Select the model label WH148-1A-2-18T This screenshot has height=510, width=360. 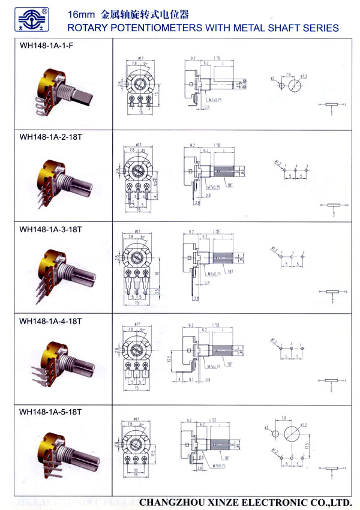coord(50,137)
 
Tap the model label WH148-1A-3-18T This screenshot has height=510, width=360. coord(50,229)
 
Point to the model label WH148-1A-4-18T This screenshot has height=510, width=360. coord(50,321)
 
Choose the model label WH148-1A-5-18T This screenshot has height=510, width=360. coord(50,412)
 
